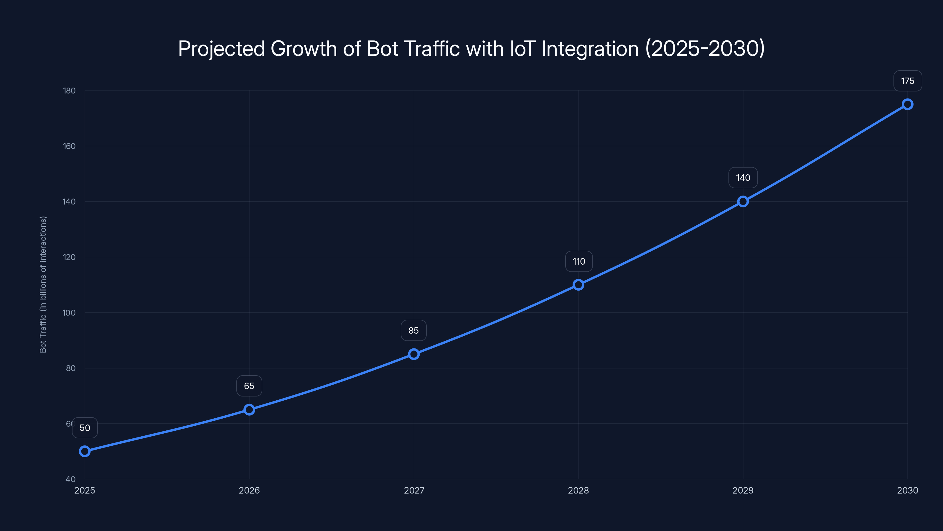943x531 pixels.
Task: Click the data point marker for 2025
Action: click(85, 451)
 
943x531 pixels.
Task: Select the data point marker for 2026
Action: click(249, 409)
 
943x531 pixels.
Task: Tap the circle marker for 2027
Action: click(414, 354)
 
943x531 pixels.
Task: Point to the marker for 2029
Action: click(743, 201)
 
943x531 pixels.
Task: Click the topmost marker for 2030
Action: click(908, 104)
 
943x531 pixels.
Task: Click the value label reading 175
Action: click(908, 81)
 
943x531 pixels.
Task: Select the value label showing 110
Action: click(579, 261)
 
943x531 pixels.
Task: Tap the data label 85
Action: click(414, 330)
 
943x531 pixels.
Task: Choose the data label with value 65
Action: click(249, 386)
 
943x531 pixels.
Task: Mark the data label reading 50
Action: click(85, 428)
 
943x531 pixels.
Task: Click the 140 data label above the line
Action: click(743, 178)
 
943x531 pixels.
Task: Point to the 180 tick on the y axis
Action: click(69, 91)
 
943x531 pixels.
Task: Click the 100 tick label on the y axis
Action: click(69, 313)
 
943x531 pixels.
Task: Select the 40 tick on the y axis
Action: click(71, 479)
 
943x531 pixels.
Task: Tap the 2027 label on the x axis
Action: click(414, 490)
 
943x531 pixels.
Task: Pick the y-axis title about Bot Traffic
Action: click(43, 284)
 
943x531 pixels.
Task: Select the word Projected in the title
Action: click(221, 49)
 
